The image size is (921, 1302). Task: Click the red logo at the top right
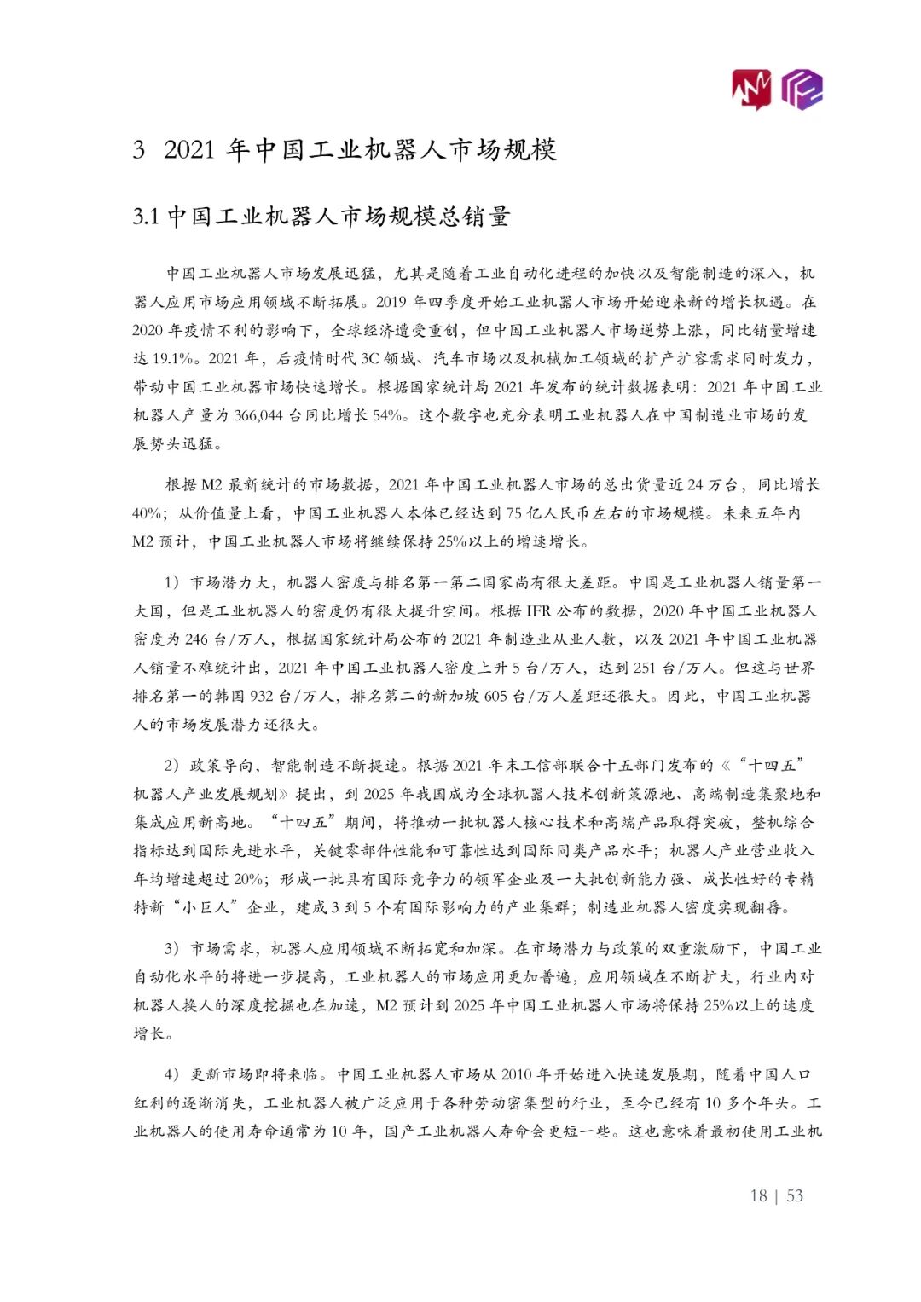pyautogui.click(x=751, y=89)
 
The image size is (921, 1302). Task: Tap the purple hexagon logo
pyautogui.click(x=802, y=89)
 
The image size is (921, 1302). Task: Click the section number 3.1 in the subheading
pyautogui.click(x=146, y=217)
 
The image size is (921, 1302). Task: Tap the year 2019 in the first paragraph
pyautogui.click(x=391, y=302)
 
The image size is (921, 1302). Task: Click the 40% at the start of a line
pyautogui.click(x=148, y=513)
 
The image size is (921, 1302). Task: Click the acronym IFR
pyautogui.click(x=538, y=610)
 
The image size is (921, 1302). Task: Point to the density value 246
pyautogui.click(x=196, y=639)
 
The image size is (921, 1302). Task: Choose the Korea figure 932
pyautogui.click(x=262, y=696)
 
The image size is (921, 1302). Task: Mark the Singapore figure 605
pyautogui.click(x=495, y=696)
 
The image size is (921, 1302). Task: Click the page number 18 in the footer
pyautogui.click(x=758, y=1195)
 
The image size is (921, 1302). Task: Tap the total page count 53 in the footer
pyautogui.click(x=795, y=1195)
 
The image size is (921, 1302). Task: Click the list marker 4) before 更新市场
pyautogui.click(x=172, y=1074)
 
